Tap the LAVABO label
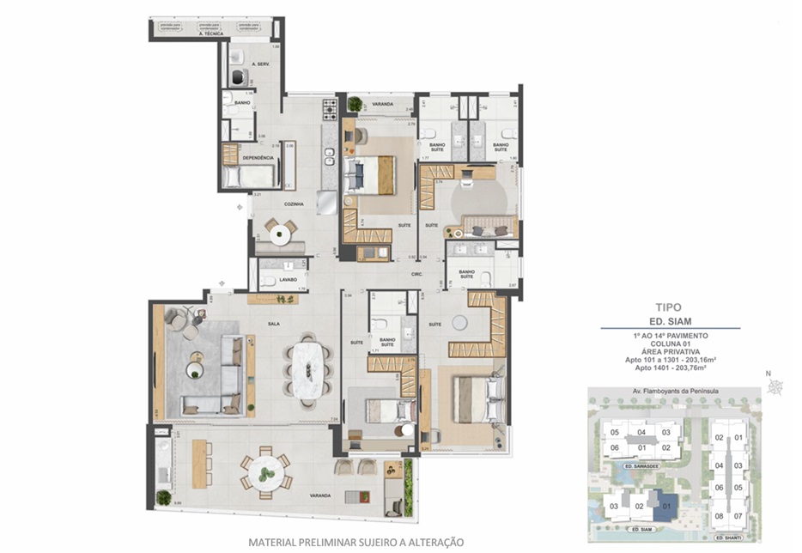point(288,279)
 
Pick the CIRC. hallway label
point(417,275)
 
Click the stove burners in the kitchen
point(329,109)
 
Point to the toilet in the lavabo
point(267,280)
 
